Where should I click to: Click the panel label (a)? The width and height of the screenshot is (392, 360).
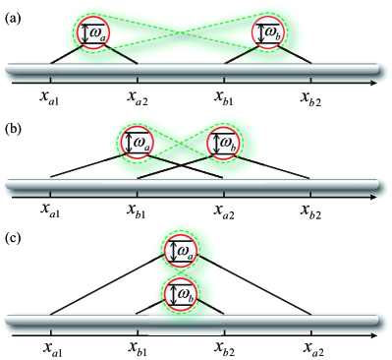(14, 11)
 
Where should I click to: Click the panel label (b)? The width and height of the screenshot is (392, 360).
(14, 128)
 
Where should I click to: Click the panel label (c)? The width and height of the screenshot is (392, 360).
(14, 235)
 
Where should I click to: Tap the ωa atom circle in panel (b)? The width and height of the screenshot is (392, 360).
(137, 144)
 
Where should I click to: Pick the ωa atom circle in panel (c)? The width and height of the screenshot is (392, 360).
(182, 252)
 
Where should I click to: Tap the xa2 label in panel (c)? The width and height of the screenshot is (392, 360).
(311, 347)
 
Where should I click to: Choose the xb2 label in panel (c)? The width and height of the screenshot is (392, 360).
(225, 347)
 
